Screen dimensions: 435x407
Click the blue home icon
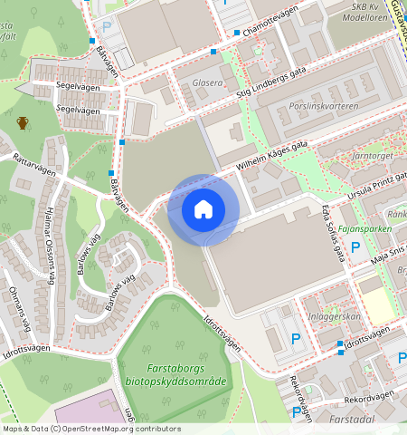tap(203, 209)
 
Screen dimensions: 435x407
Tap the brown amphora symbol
tap(23, 122)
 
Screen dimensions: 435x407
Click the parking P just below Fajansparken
tap(355, 247)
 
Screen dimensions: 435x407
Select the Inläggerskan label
tap(335, 316)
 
